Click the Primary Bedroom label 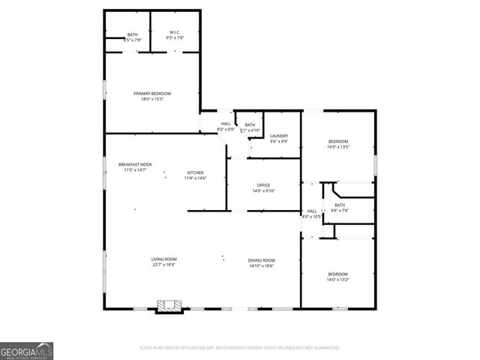tap(152, 93)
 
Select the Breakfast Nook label tap(135, 164)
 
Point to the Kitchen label tap(195, 172)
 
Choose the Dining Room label tap(262, 259)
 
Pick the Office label tap(263, 185)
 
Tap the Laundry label tap(279, 136)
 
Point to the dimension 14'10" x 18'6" tap(262, 265)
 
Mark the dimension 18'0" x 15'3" tap(152, 99)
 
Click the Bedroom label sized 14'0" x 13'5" tap(339, 141)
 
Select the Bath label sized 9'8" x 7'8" tap(340, 205)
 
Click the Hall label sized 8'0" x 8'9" tap(226, 124)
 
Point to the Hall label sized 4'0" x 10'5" tap(312, 211)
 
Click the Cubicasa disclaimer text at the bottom tap(240, 348)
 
